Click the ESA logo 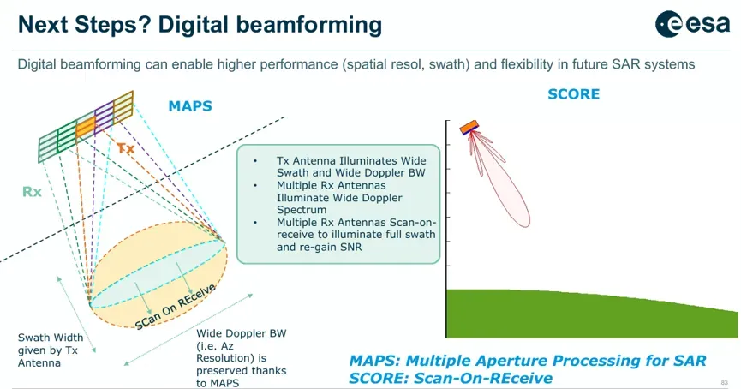(692, 24)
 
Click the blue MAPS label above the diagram (190, 106)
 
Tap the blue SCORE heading (573, 94)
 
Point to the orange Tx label (126, 148)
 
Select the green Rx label (33, 192)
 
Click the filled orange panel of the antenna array (86, 126)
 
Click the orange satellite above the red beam (469, 127)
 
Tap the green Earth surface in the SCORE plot (591, 314)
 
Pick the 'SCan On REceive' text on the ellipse (176, 307)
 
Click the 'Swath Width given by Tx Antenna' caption (51, 350)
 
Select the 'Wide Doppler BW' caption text (242, 333)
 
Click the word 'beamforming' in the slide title (309, 25)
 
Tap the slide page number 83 (725, 382)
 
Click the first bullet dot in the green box (255, 161)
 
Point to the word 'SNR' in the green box (349, 247)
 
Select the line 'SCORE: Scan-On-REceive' (451, 378)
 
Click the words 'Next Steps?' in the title (84, 25)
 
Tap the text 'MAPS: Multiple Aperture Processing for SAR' (528, 361)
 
